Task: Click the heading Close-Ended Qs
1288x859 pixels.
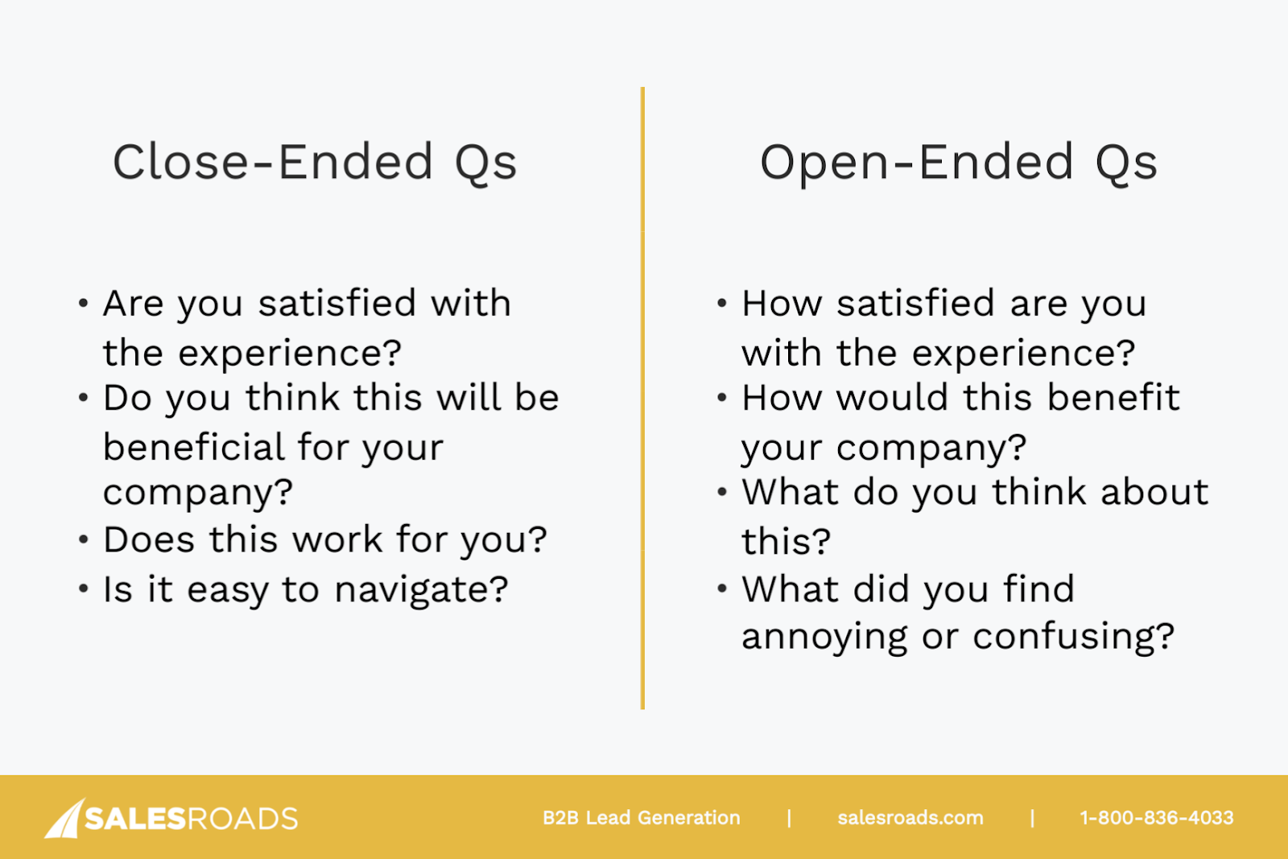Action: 315,163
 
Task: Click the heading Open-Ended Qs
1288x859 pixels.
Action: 959,163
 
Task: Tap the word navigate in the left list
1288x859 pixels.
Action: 422,591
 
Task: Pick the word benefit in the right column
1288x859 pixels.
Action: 1113,398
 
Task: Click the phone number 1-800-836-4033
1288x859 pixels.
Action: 1156,818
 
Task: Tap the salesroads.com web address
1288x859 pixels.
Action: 910,818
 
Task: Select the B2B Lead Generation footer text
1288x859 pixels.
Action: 641,818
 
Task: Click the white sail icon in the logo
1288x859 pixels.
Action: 64,818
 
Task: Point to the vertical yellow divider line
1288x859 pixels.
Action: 642,398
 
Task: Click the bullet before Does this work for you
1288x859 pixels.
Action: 84,540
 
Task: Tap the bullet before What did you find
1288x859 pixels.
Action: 722,588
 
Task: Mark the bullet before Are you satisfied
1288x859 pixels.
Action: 84,303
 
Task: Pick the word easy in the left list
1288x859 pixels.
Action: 228,593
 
